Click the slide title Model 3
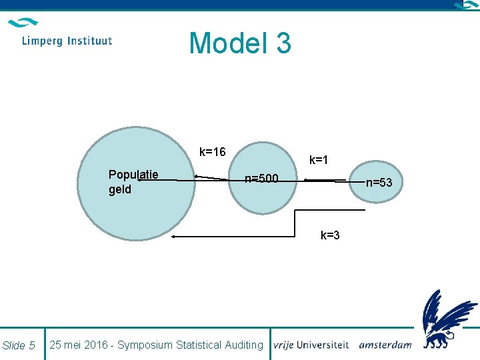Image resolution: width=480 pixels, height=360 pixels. (240, 43)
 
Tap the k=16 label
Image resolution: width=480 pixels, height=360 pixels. (213, 152)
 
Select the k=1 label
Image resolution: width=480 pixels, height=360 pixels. (318, 160)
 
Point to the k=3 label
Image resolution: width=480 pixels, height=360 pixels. (330, 235)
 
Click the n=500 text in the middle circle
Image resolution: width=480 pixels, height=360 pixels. (261, 179)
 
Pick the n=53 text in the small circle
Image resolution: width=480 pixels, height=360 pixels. (379, 183)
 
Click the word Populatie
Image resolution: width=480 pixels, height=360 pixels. (133, 175)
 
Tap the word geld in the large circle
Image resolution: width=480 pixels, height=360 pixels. (120, 189)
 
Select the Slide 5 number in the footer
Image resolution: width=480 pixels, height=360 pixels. (19, 345)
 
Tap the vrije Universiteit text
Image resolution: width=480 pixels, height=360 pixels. (311, 345)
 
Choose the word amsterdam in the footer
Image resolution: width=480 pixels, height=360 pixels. (385, 345)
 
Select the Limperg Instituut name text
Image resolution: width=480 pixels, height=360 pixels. (67, 41)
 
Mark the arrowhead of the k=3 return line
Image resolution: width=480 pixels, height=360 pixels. (173, 237)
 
